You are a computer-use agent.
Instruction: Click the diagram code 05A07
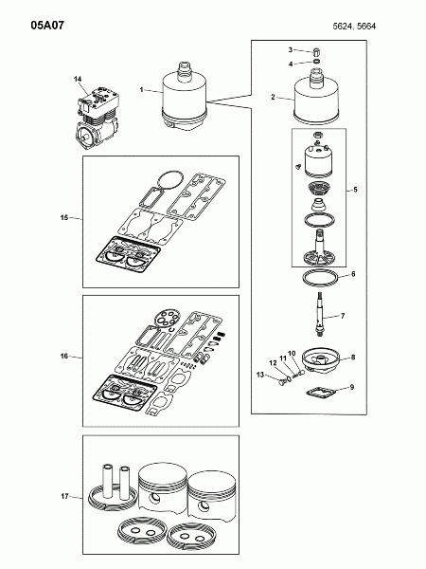point(47,26)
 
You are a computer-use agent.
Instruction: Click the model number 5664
point(366,27)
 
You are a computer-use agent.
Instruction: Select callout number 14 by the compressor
point(78,79)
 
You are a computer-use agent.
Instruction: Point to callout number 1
point(142,89)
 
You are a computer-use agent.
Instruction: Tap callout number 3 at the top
point(291,49)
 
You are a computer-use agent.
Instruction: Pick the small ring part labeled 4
point(316,62)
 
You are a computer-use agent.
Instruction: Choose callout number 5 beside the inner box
point(355,190)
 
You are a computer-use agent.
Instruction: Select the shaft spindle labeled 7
point(320,314)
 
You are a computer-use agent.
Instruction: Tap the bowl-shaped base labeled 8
point(321,360)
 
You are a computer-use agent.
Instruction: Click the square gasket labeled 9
point(321,393)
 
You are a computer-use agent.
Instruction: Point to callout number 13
point(260,375)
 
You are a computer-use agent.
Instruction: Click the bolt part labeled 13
point(282,382)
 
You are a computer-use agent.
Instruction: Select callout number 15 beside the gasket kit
point(64,217)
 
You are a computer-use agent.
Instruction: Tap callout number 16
point(64,356)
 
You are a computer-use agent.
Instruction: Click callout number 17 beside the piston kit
point(64,496)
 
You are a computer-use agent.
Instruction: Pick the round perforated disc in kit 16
point(166,319)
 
